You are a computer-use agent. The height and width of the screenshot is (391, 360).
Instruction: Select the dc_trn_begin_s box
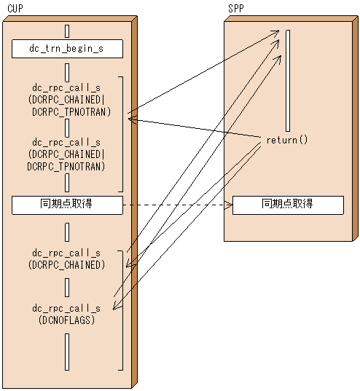click(66, 50)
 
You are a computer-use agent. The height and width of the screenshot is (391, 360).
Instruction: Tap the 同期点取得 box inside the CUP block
click(66, 205)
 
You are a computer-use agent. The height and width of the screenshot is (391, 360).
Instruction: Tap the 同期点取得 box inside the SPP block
click(287, 205)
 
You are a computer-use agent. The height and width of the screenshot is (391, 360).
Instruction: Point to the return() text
click(286, 139)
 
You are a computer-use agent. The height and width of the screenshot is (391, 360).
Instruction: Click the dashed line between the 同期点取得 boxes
click(175, 205)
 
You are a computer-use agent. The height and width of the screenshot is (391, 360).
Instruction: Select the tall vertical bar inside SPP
click(289, 80)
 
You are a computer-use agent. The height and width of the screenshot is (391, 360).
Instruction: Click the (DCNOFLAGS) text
click(66, 319)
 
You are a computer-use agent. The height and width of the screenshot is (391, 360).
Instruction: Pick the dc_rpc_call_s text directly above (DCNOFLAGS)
click(66, 308)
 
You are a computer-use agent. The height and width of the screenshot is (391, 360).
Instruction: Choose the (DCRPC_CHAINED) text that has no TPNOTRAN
click(66, 264)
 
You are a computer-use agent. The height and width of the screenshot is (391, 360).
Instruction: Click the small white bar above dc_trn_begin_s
click(66, 31)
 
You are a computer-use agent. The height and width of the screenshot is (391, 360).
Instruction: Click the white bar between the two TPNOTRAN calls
click(66, 128)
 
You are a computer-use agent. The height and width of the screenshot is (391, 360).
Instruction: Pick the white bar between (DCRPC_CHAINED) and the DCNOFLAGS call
click(66, 286)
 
